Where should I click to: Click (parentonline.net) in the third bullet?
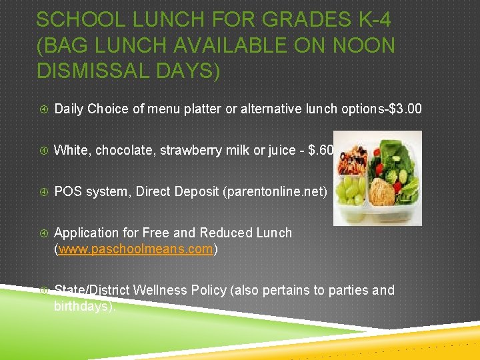pyautogui.click(x=275, y=191)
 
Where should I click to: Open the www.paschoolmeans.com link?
pyautogui.click(x=136, y=249)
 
